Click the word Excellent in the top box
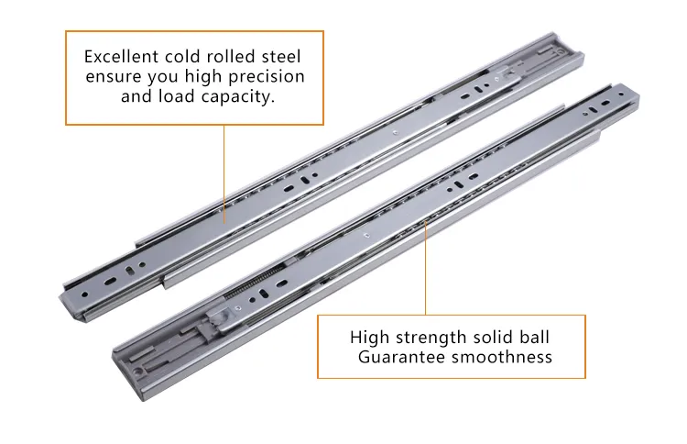tap(121, 57)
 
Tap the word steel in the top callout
tap(281, 57)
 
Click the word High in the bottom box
tap(369, 338)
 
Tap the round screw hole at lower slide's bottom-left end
tap(139, 372)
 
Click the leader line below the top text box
tap(224, 174)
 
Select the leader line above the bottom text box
tap(425, 268)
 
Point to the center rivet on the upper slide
tap(394, 131)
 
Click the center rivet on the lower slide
tap(366, 236)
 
